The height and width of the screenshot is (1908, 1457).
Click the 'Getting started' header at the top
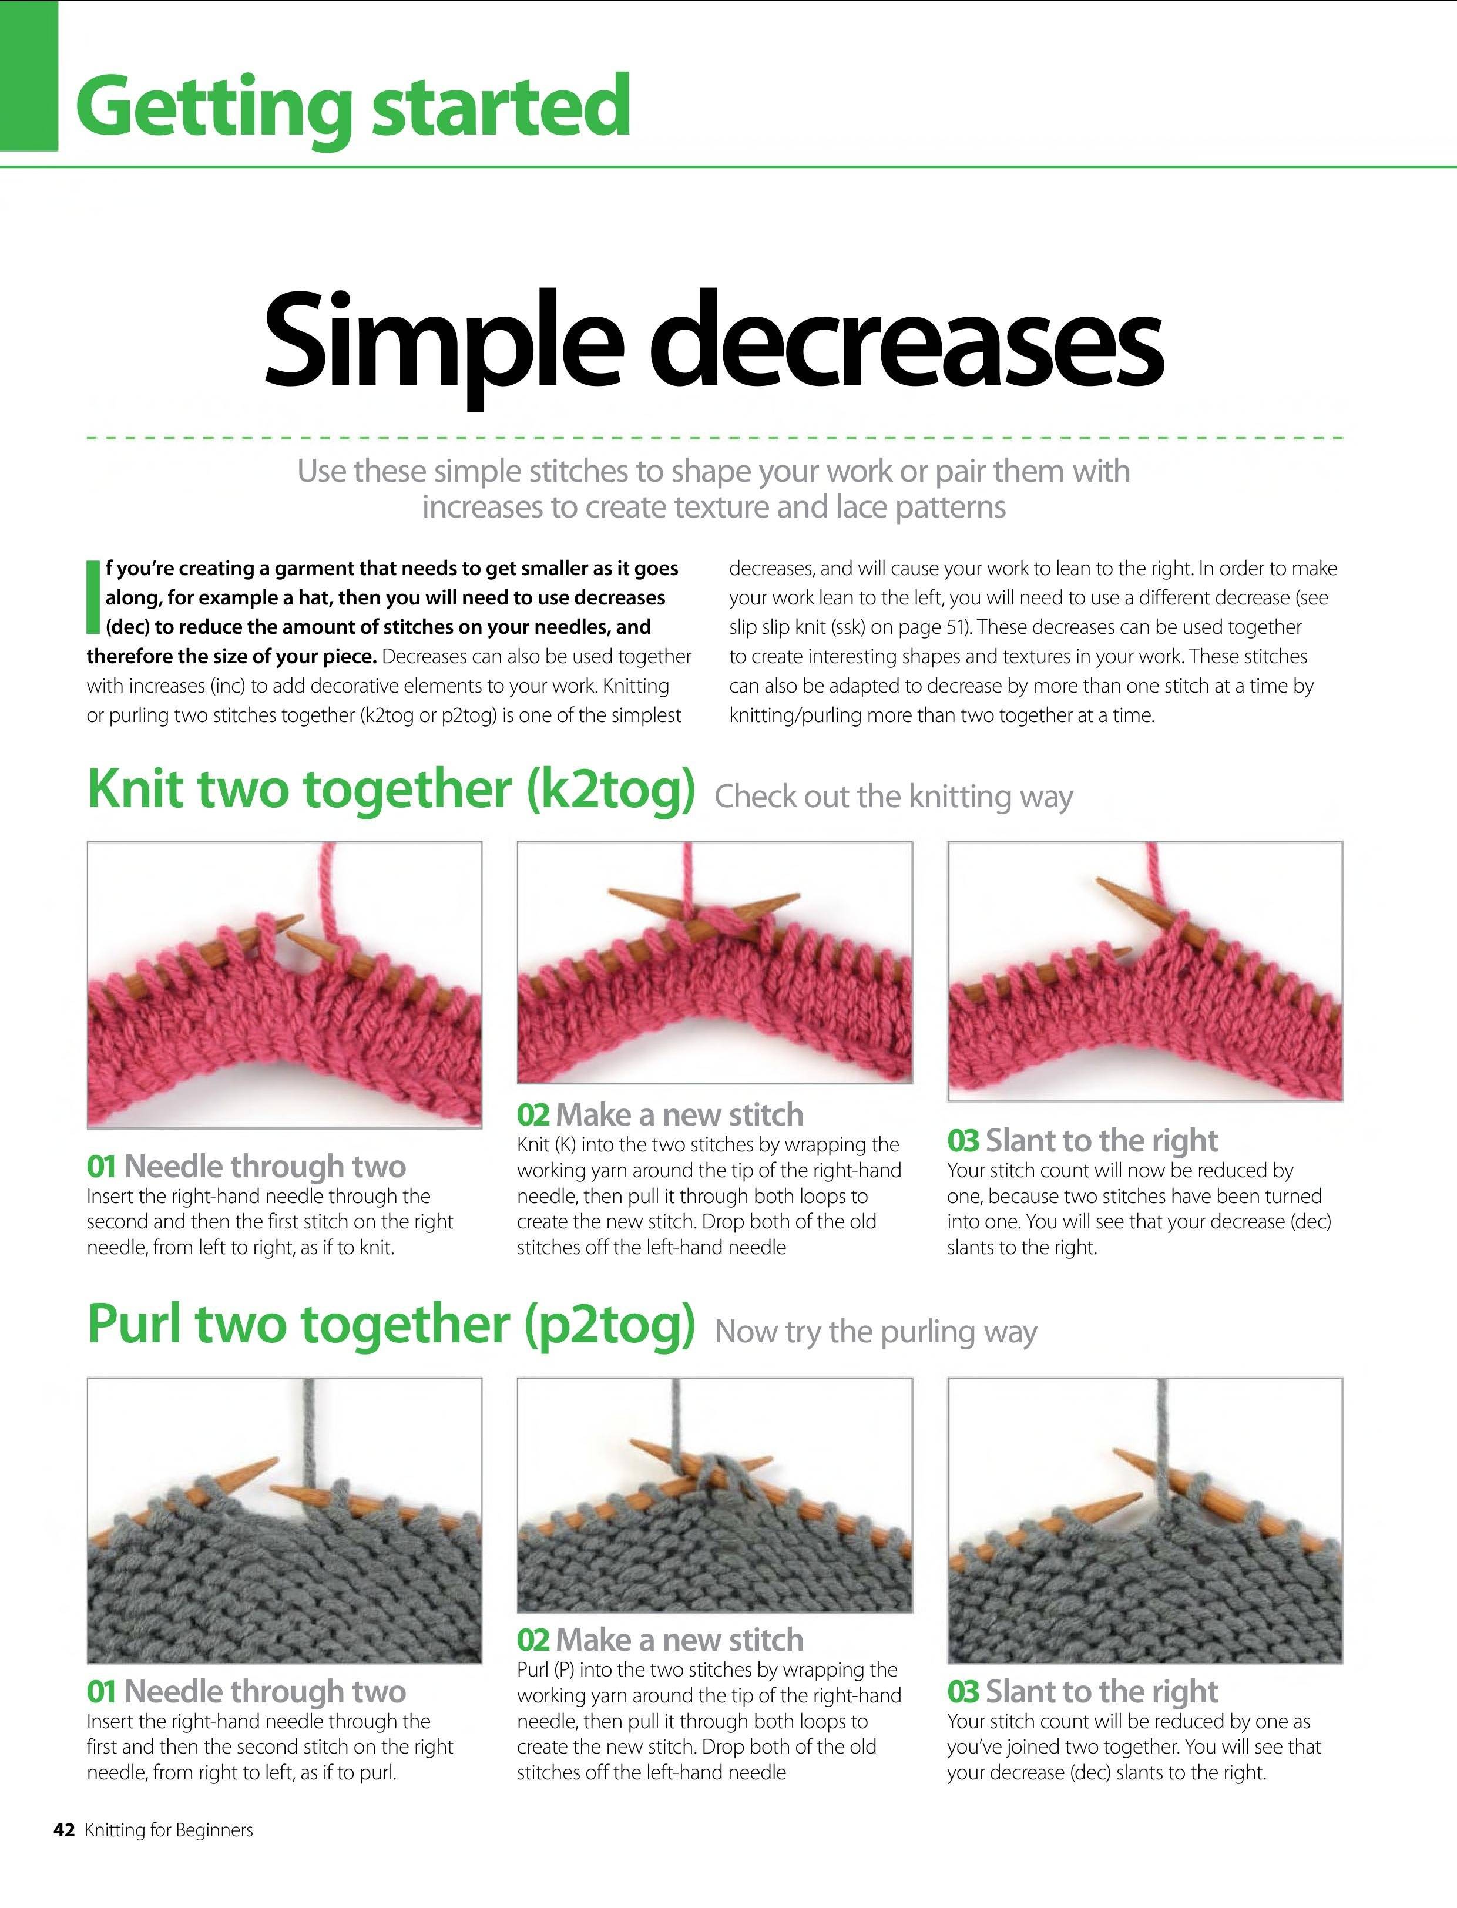[x=353, y=108]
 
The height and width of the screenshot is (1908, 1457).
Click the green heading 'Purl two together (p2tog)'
[x=391, y=1326]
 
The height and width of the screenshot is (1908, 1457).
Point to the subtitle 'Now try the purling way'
[x=876, y=1332]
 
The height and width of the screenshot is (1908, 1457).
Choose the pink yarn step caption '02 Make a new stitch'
[x=660, y=1114]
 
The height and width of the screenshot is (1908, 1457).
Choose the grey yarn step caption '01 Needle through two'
[x=246, y=1691]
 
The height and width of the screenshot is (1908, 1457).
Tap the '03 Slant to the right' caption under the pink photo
[x=1082, y=1140]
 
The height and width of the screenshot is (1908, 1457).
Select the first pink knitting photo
[x=284, y=985]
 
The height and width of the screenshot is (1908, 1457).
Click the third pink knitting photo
[x=1145, y=972]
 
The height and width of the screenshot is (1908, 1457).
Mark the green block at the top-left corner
[x=29, y=75]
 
